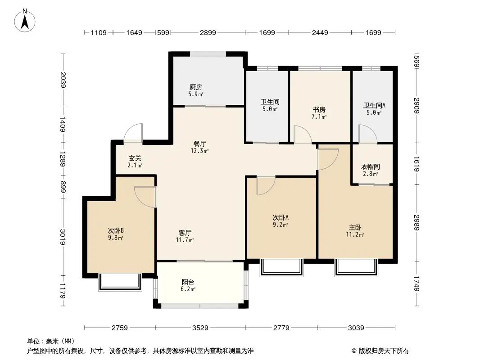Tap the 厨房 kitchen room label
point(195,87)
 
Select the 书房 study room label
point(319,109)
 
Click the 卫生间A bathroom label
point(375,106)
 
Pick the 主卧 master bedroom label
point(355,227)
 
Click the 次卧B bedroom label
point(116,230)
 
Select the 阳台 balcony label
point(188,282)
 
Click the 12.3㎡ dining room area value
point(200,151)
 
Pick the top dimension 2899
point(208,32)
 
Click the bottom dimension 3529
point(200,328)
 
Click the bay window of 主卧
point(355,267)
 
